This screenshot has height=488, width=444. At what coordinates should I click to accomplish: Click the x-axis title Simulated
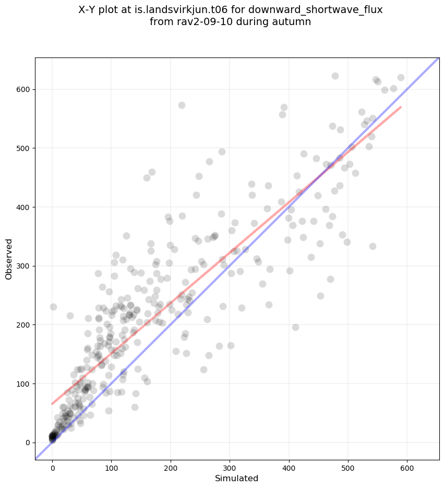point(237,478)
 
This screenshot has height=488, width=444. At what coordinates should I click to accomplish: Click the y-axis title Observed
point(9,259)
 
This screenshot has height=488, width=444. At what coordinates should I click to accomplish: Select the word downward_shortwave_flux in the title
point(319,10)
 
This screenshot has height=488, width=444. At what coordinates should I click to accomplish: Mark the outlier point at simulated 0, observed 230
point(53,307)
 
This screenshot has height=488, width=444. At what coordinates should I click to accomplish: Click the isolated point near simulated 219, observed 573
point(182,105)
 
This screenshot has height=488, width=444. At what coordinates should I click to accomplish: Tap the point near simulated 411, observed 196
point(295,327)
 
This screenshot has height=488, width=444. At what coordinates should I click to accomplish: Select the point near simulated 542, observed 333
point(373,246)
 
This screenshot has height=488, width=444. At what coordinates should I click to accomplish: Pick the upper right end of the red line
point(400,107)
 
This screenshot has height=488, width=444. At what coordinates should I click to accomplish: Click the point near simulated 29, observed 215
point(70,316)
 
